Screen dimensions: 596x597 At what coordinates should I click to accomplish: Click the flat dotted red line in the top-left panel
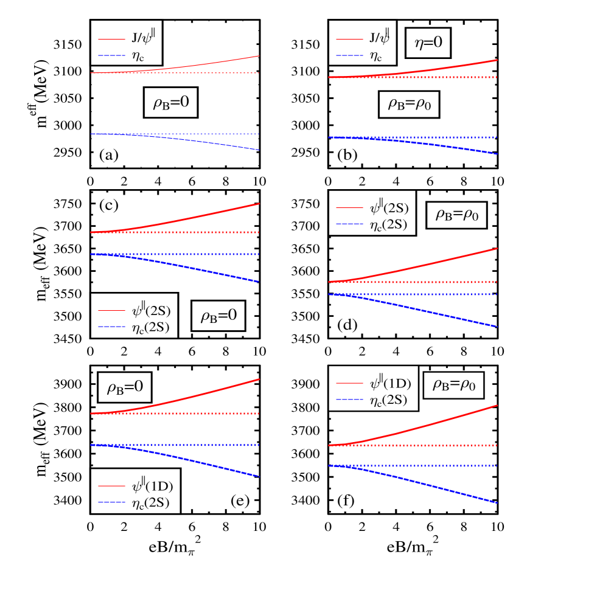(183, 73)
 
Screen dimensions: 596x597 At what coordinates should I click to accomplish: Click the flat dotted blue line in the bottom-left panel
(183, 445)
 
